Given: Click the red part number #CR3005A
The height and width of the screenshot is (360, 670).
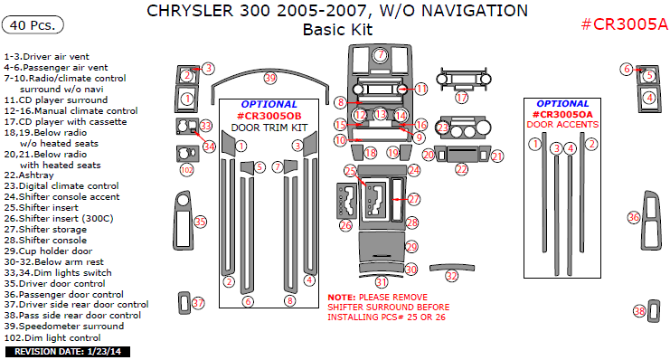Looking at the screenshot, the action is click(x=624, y=24).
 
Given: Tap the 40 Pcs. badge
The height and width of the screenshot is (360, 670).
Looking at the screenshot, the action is click(x=33, y=25).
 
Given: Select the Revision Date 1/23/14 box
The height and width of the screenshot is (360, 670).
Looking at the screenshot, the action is click(x=68, y=352).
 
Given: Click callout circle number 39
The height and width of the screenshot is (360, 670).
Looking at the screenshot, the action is click(x=270, y=78).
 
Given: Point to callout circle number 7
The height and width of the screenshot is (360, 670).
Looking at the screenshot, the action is click(x=381, y=55).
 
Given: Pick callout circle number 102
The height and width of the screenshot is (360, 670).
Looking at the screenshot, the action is click(x=187, y=170).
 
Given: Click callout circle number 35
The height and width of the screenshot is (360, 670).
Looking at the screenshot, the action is click(x=200, y=222).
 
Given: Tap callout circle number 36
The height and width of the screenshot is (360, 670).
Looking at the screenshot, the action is click(x=633, y=217).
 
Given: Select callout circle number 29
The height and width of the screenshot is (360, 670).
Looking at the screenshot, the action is click(x=411, y=247).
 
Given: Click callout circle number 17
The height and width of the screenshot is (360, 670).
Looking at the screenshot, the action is click(x=461, y=98).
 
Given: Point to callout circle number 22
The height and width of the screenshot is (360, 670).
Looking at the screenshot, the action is click(x=461, y=169).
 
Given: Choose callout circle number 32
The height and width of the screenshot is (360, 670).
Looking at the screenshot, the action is click(x=451, y=276).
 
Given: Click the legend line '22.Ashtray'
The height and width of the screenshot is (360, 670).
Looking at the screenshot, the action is click(x=29, y=175).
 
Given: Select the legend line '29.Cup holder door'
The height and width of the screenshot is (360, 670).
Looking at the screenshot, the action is click(x=48, y=251).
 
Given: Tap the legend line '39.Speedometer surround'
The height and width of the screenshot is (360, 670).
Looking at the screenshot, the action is click(x=64, y=327).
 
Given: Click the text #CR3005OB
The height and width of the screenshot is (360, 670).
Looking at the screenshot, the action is click(x=269, y=116).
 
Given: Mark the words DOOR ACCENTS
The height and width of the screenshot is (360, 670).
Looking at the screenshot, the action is click(x=562, y=125).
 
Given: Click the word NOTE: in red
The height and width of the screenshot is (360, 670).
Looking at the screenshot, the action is click(x=342, y=298).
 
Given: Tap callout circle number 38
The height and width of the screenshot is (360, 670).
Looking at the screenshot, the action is click(x=639, y=311).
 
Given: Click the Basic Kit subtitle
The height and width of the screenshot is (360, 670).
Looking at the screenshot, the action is click(x=337, y=30).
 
